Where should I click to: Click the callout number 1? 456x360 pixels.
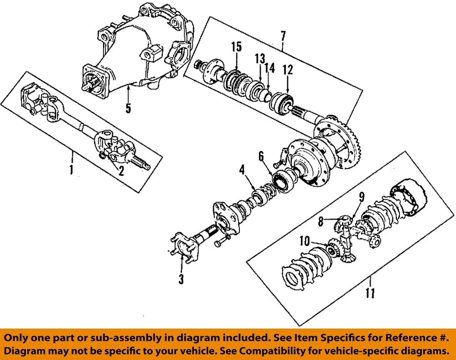[x=71, y=169]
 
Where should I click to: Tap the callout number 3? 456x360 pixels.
[x=181, y=280]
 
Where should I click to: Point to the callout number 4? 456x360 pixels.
[x=242, y=169]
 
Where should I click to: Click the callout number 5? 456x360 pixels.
[x=128, y=108]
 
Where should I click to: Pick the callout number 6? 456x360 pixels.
[x=261, y=155]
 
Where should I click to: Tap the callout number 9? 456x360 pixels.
[x=361, y=195]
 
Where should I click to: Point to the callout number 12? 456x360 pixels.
[x=288, y=69]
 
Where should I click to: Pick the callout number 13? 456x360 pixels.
[x=259, y=58]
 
